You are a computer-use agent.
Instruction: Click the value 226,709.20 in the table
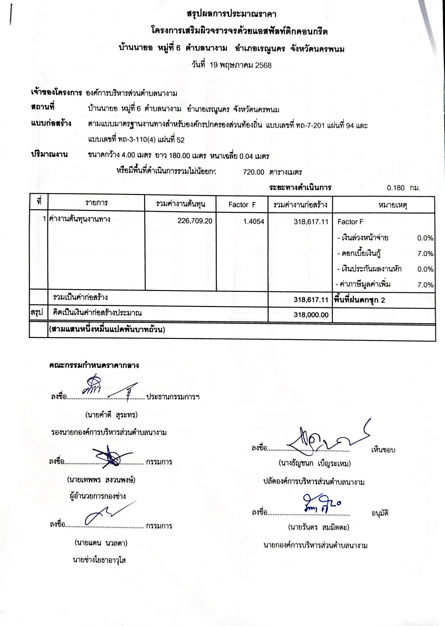click(x=195, y=221)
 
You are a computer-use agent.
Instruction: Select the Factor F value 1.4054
click(x=254, y=222)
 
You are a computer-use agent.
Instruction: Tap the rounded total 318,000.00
click(x=311, y=315)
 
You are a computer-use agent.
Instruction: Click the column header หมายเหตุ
click(x=392, y=205)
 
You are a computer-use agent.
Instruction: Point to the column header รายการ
click(x=96, y=203)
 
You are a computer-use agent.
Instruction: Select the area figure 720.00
click(x=254, y=172)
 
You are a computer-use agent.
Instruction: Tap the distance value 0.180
click(x=395, y=188)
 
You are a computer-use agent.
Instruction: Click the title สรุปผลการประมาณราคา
click(x=231, y=14)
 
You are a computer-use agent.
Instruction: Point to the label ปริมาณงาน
click(x=49, y=154)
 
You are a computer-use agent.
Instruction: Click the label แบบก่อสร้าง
click(x=51, y=124)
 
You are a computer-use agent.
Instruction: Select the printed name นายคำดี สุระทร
click(x=111, y=415)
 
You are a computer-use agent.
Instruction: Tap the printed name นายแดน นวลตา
click(x=101, y=543)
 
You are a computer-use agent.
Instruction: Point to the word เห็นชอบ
click(x=383, y=450)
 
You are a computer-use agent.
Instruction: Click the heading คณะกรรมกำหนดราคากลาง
click(x=94, y=365)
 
